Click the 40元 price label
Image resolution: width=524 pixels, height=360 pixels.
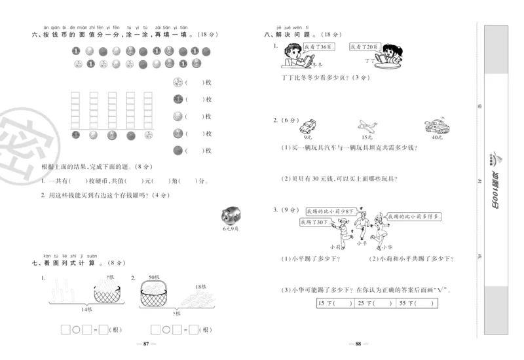436,137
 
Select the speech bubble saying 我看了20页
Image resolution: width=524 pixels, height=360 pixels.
363,48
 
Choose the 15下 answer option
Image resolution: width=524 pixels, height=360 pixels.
335,303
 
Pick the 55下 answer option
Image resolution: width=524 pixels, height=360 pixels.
415,303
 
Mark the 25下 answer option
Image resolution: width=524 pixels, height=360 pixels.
374,303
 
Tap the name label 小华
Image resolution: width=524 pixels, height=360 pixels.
386,247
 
